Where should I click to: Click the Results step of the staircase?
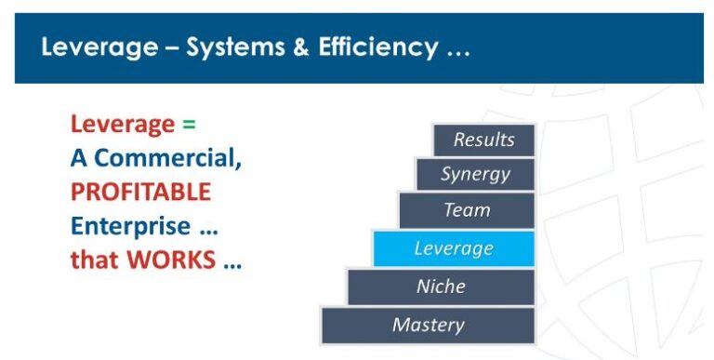(x=483, y=140)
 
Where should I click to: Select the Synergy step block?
(x=475, y=175)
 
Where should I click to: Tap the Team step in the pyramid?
(x=467, y=210)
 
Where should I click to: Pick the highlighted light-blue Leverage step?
(x=454, y=248)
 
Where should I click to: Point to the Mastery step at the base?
(x=428, y=326)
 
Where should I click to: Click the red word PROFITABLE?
(x=140, y=193)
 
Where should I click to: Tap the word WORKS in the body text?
(x=170, y=260)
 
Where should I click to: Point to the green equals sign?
(x=189, y=125)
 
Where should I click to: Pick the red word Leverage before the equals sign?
(x=122, y=125)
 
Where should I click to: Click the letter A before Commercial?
(x=79, y=158)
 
